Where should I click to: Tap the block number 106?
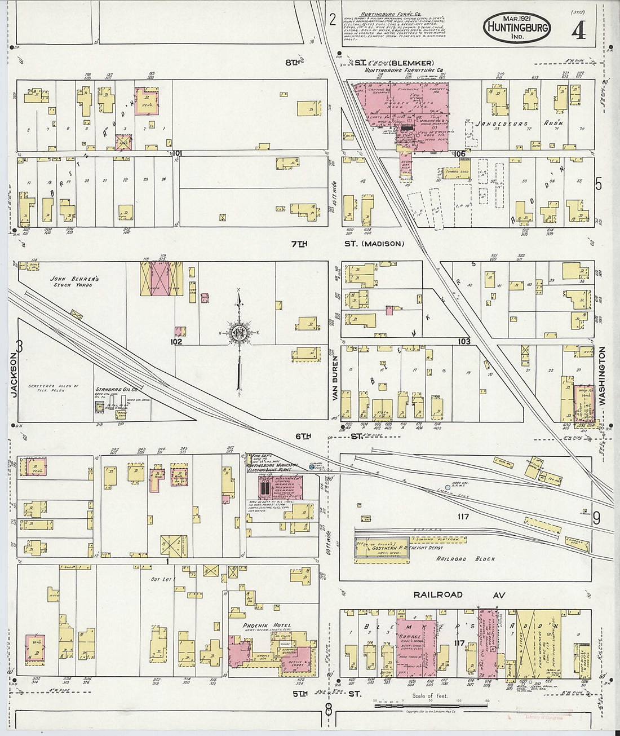[x=459, y=153]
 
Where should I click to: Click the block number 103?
[x=464, y=341]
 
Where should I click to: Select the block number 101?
[x=179, y=153]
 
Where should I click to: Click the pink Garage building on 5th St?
[x=416, y=643]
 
